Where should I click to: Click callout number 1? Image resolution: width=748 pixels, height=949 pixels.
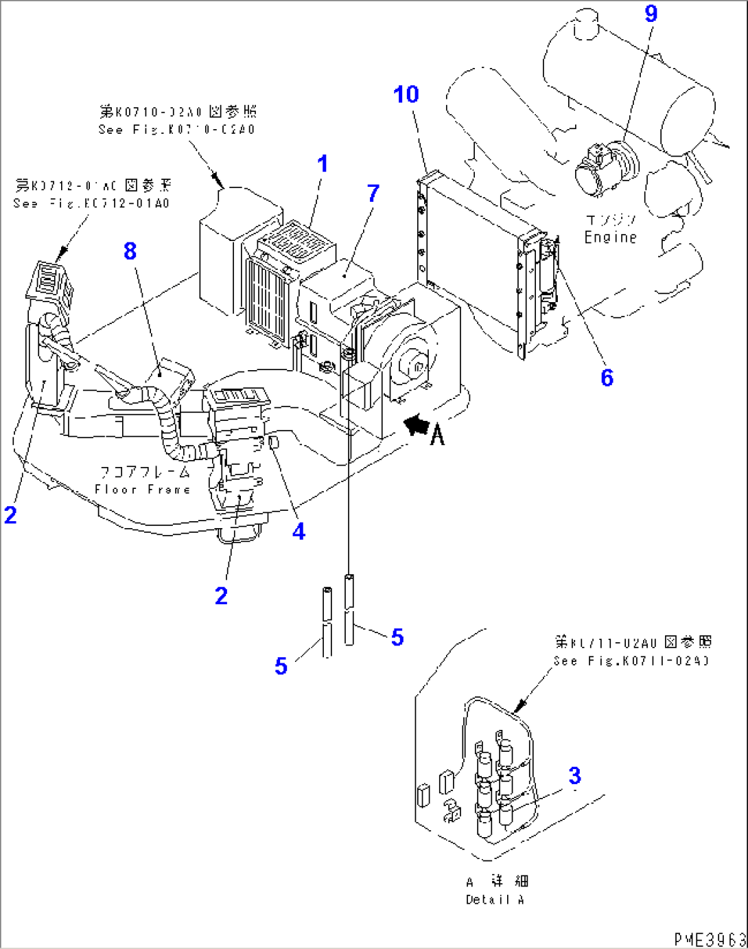(322, 164)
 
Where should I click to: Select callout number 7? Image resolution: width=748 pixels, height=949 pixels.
(373, 194)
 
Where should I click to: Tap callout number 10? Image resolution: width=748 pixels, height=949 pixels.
(406, 94)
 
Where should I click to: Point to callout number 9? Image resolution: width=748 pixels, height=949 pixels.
(651, 14)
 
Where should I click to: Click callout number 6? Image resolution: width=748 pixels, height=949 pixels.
(607, 377)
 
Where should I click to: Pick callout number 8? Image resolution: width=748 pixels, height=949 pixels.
(130, 251)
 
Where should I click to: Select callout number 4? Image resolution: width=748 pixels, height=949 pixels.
(299, 531)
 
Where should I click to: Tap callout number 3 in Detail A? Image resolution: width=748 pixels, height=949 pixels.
(574, 776)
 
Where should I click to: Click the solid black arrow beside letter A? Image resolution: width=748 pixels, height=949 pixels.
(415, 426)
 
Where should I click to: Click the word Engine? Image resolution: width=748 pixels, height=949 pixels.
(610, 238)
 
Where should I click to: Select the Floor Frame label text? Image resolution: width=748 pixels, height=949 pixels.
(143, 490)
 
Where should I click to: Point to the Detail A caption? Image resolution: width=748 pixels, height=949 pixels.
(495, 900)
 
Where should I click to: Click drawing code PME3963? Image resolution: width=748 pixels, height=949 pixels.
(710, 939)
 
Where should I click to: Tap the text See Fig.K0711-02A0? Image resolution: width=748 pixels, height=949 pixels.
(631, 661)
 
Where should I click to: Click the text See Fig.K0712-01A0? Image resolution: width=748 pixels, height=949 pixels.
(91, 203)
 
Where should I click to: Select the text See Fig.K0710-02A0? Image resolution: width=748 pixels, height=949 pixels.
(176, 130)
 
